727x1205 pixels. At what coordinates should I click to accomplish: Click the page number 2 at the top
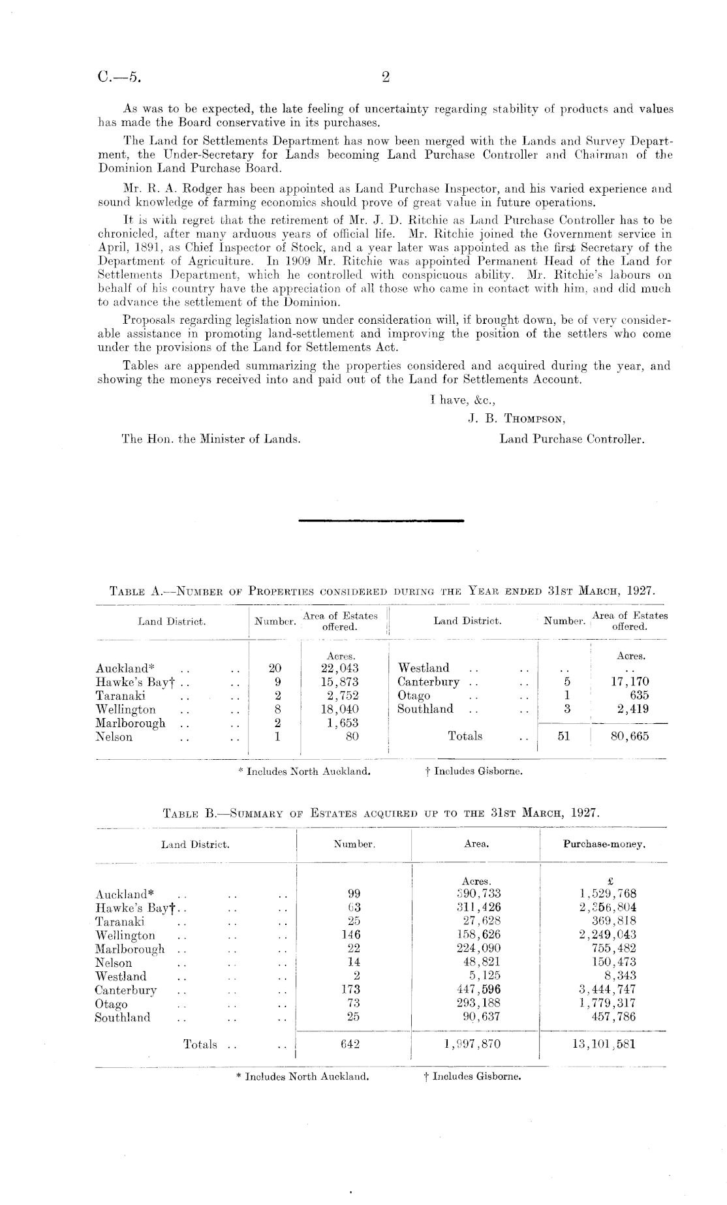click(385, 78)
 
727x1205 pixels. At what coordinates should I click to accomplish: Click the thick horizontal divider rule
click(380, 521)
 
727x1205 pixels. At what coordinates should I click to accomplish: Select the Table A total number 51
click(567, 736)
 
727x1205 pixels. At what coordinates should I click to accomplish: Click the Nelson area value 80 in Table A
click(352, 737)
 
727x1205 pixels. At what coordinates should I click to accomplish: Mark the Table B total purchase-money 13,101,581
click(601, 1044)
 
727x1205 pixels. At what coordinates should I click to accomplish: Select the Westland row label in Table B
click(121, 976)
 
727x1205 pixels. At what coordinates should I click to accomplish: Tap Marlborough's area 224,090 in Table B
click(478, 948)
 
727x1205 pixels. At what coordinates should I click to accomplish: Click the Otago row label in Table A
click(414, 696)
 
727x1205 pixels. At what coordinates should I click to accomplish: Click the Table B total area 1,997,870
click(473, 1044)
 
